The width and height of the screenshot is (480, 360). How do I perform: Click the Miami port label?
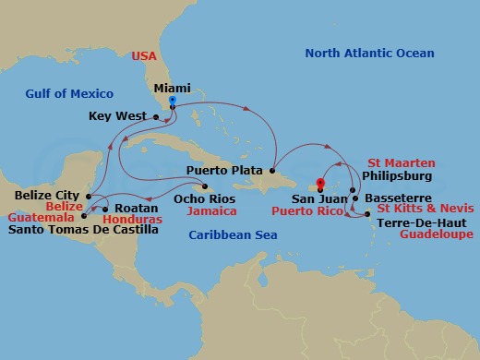coord(172,89)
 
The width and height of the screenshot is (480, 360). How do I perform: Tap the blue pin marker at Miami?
coord(173,101)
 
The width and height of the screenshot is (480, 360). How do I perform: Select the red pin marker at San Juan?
coord(320,182)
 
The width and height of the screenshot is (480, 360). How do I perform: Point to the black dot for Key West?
coord(155,116)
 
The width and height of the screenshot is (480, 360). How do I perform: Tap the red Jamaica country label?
coord(206,210)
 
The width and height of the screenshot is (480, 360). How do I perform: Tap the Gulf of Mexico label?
coord(70,94)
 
